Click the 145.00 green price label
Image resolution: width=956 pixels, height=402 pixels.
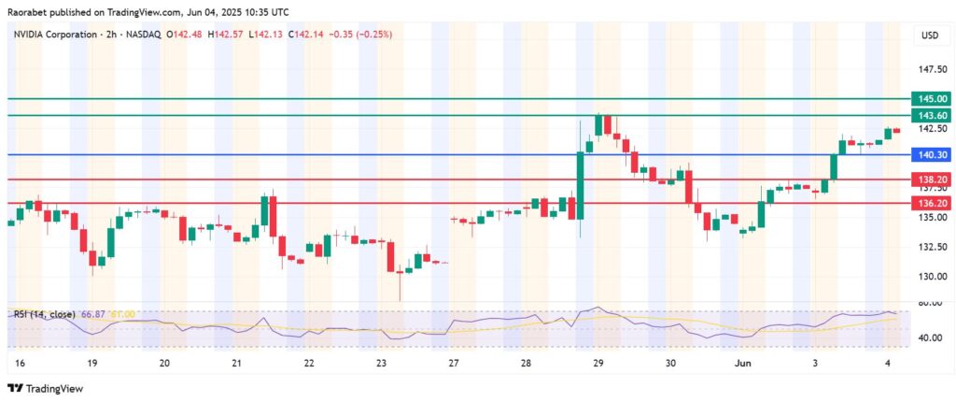[933, 98]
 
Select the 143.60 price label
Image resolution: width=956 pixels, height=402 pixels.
[933, 115]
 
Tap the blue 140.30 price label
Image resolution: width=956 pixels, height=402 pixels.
[933, 154]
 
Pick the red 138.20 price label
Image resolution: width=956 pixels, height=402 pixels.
[933, 179]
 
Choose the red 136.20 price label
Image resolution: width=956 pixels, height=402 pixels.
[933, 202]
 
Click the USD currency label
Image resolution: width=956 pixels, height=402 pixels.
[929, 36]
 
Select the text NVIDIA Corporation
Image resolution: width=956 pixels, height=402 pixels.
[52, 35]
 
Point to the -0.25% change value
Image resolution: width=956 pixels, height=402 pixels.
[374, 35]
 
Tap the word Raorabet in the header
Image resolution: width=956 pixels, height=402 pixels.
[30, 11]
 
